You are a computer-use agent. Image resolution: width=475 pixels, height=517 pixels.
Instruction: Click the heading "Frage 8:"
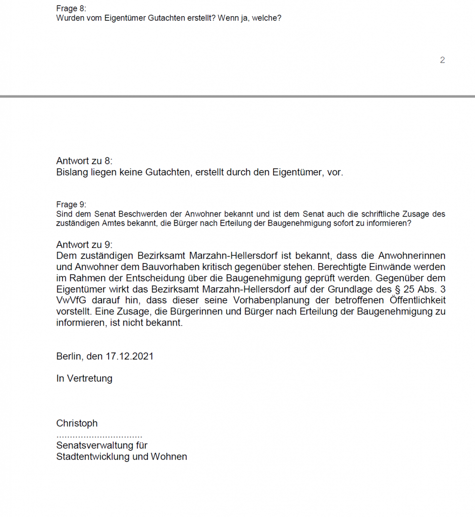[x=71, y=9]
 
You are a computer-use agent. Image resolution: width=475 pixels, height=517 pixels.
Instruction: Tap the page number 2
[x=442, y=60]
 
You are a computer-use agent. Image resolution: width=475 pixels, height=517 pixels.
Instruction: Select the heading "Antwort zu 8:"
[x=84, y=161]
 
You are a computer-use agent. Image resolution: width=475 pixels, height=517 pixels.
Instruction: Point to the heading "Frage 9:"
[x=71, y=204]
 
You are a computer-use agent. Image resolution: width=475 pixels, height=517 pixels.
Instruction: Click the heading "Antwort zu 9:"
[x=84, y=245]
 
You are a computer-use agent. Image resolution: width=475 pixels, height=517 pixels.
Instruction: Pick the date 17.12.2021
[x=129, y=356]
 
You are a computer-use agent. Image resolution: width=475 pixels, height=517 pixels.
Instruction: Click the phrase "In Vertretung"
[x=84, y=378]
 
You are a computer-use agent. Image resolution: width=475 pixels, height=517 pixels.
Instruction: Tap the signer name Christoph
[x=77, y=423]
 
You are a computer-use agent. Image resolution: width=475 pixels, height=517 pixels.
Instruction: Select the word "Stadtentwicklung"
[x=89, y=456]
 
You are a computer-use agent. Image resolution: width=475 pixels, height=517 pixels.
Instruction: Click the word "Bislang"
[x=72, y=172]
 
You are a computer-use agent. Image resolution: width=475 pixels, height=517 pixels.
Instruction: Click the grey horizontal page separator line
[x=237, y=96]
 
